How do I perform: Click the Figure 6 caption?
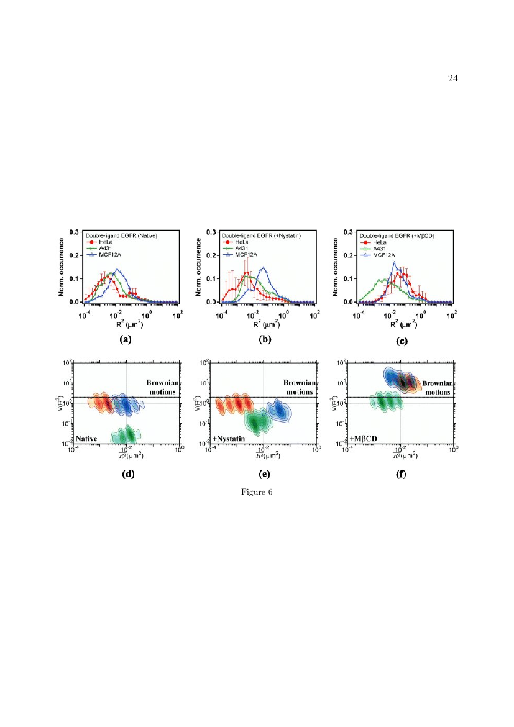coord(257,492)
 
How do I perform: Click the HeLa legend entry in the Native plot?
coord(104,242)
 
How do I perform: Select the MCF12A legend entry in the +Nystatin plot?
coord(246,254)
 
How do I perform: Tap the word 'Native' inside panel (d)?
coord(89,438)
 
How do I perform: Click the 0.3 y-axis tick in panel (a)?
coord(73,232)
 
